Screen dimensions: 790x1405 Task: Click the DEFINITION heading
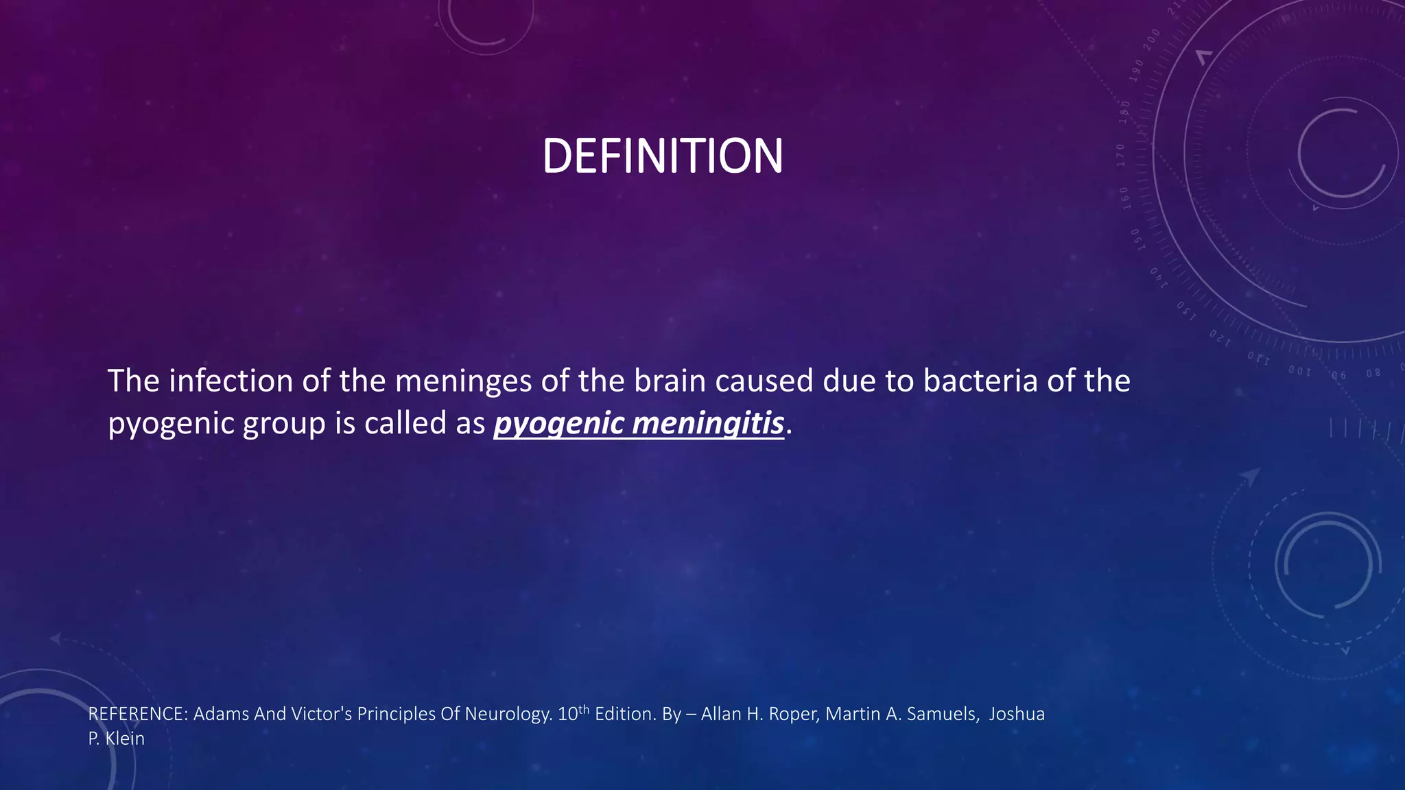point(662,156)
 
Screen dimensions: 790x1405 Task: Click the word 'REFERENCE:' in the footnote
point(138,715)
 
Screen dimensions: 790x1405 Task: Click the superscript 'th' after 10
point(584,709)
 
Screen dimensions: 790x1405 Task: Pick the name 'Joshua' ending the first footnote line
point(1016,715)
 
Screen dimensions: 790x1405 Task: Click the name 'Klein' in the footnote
point(125,739)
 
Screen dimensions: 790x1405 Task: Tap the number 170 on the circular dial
point(1120,155)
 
